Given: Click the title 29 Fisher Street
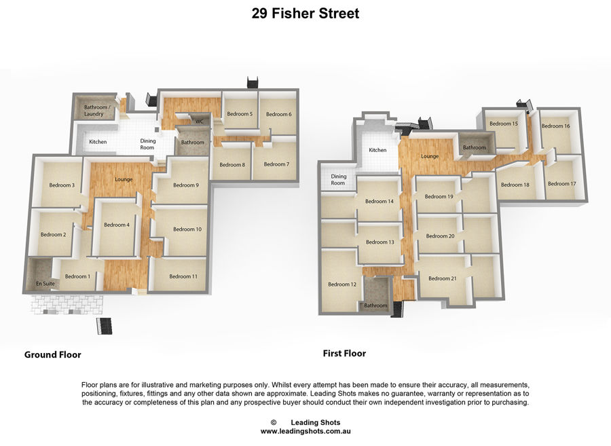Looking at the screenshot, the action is pos(305,14).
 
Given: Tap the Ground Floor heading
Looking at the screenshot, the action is pos(52,354).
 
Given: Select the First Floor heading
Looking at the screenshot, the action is pos(344,353).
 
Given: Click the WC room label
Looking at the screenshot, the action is pos(199,122).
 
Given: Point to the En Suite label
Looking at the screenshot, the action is pos(45,284).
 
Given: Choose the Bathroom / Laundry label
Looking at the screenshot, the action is pos(94,111).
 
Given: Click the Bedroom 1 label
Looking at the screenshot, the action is pos(77,276).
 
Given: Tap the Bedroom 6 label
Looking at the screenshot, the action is pos(278,114).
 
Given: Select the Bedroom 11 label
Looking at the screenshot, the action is pos(183,276).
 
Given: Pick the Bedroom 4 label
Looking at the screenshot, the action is pos(117,225).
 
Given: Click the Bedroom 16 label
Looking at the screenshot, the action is pos(555,126).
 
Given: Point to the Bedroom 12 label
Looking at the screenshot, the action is pos(342,284).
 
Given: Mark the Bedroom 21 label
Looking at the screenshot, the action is pos(442,278).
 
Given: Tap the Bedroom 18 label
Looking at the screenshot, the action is pos(515,185).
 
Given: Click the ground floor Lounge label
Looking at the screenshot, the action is pos(124,180).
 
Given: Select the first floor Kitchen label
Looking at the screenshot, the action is pos(377,150).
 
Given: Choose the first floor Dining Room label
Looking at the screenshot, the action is pos(338,180).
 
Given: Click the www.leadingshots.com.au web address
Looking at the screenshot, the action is pos(305,431).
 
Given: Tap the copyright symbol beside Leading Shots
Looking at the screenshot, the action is pos(274,422).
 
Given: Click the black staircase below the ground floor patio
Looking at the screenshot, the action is pos(105,326).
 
